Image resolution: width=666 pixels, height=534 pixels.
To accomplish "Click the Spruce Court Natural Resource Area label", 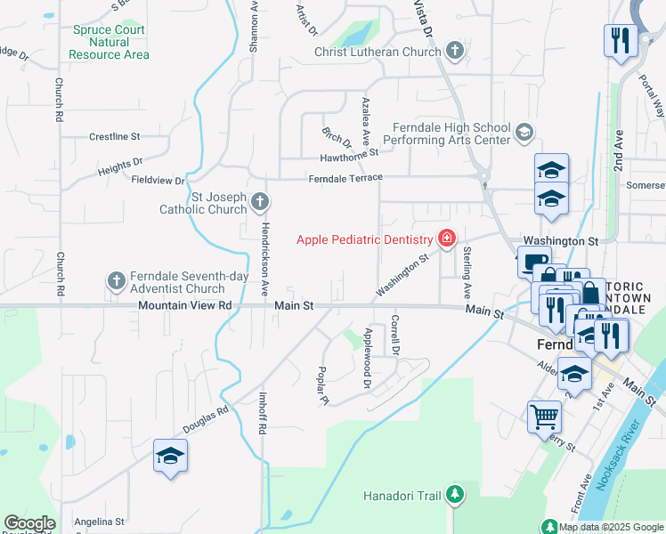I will (x=110, y=42).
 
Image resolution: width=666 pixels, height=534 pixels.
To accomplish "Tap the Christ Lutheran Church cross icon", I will (x=455, y=51).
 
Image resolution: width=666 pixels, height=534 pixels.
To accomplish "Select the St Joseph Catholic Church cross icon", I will (x=260, y=203).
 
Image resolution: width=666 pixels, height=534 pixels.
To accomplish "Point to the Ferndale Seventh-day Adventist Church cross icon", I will (x=116, y=281).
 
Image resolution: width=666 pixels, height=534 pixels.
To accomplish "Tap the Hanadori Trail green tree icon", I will (x=454, y=495).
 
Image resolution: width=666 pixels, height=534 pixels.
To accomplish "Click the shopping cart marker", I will (x=544, y=416).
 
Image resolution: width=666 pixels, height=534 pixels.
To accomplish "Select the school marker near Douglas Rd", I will (x=170, y=457).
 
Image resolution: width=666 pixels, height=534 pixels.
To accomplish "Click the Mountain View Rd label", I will (x=184, y=305).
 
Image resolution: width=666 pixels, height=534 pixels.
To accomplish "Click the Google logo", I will (x=29, y=523).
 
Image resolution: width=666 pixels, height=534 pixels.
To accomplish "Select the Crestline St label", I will (x=115, y=137).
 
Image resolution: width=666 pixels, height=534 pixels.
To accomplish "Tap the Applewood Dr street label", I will (x=366, y=359).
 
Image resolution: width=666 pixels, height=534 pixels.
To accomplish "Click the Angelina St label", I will (x=99, y=522).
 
